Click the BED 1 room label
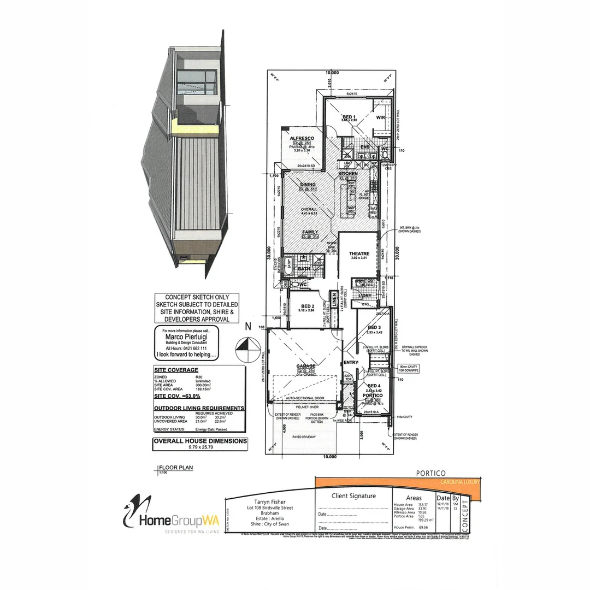pos(349,117)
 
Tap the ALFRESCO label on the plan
pos(300,138)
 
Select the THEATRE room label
pos(359,253)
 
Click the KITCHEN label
pos(347,173)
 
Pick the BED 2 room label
pos(308,306)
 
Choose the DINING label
pos(309,185)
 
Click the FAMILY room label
pos(310,232)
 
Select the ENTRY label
pos(350,363)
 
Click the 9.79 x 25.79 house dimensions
pos(200,446)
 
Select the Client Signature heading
pos(354,496)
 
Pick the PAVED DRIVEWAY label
pos(306,436)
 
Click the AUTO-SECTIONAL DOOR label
pos(305,399)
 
